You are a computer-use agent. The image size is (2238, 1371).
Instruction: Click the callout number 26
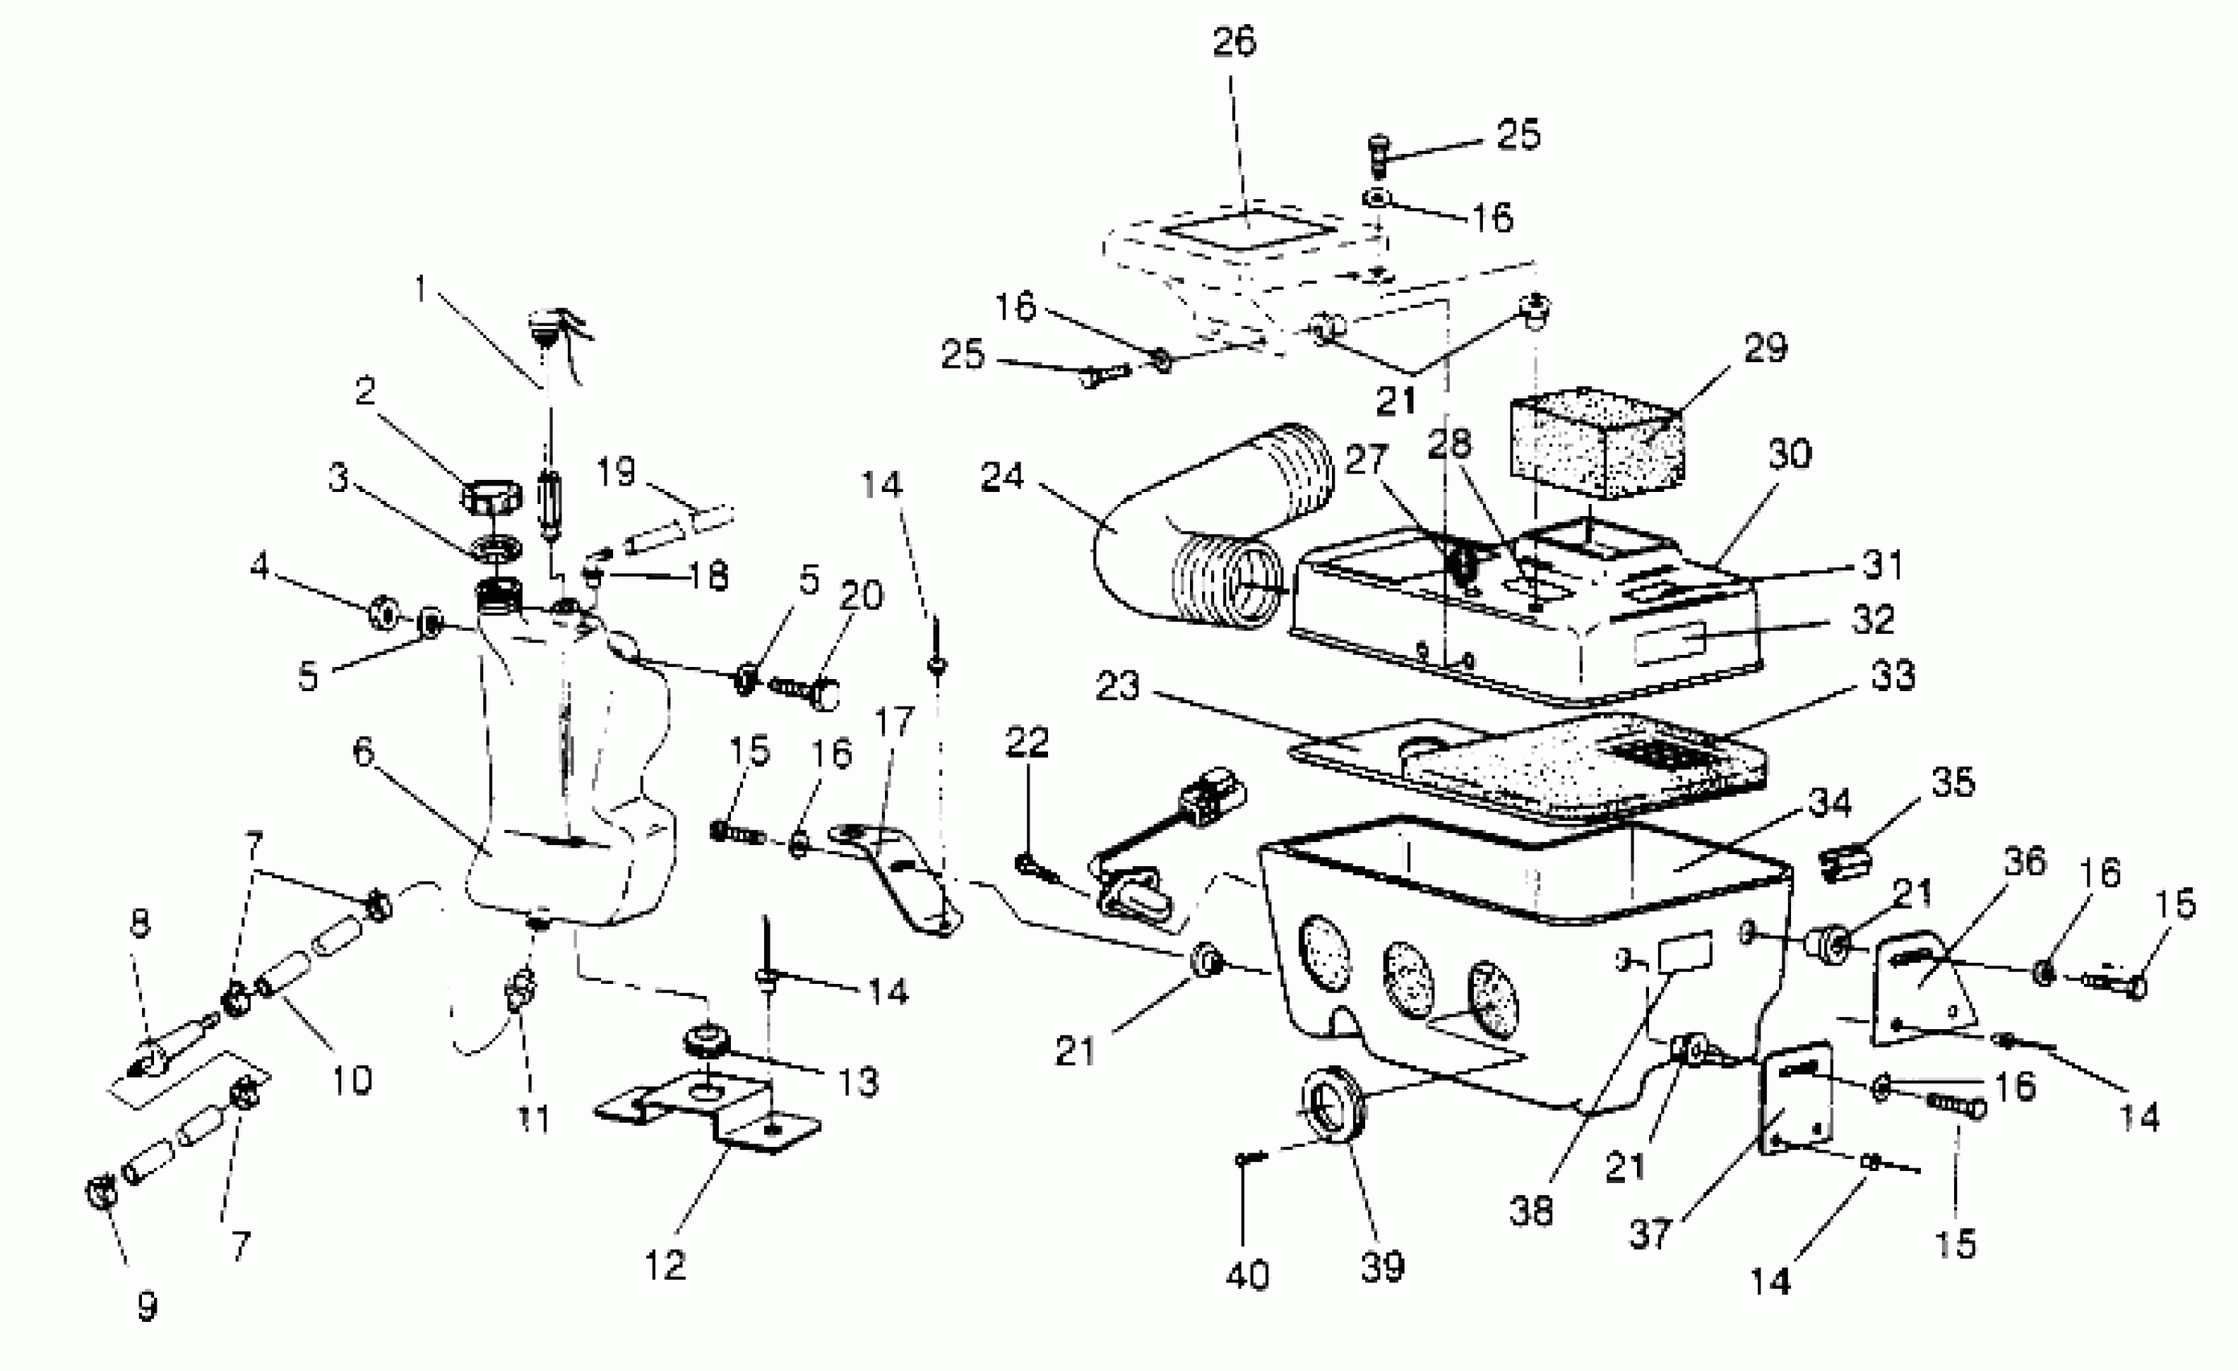tap(1234, 42)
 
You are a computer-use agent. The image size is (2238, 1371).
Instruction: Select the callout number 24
tap(1002, 477)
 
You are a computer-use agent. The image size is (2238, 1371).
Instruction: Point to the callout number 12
tap(665, 1265)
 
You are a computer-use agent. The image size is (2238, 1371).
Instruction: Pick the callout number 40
tap(1247, 1276)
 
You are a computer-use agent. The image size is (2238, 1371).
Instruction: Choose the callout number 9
tap(147, 1306)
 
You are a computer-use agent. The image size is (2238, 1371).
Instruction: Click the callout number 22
tap(1027, 743)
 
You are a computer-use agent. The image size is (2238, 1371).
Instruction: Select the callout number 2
tap(365, 391)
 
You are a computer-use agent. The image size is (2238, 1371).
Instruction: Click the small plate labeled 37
tap(1796, 1101)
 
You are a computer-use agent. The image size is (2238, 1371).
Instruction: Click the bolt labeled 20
tap(806, 692)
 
